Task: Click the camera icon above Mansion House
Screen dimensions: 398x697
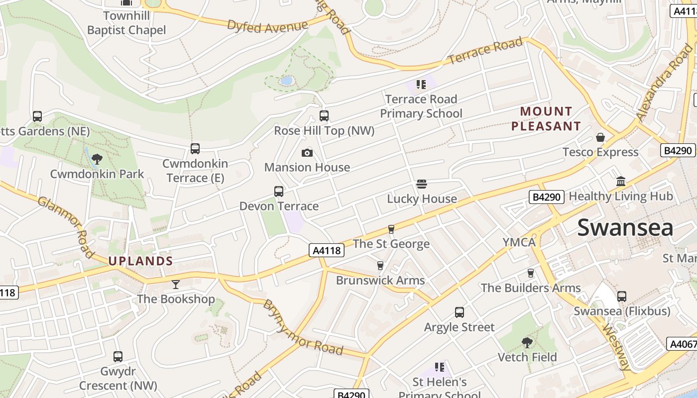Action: (x=307, y=153)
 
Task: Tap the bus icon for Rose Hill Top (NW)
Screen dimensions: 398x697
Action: (x=324, y=116)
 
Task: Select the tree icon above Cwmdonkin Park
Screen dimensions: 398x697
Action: (x=97, y=159)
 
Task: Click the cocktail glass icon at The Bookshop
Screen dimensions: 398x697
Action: (x=176, y=285)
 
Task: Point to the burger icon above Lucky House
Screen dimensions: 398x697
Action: (x=422, y=184)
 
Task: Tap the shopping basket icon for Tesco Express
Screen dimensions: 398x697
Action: (x=600, y=137)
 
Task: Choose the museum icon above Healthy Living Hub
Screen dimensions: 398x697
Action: (x=621, y=182)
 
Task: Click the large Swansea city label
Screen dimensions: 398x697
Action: (x=625, y=228)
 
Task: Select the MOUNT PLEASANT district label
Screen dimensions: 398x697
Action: (x=546, y=118)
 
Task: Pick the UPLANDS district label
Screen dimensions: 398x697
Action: (x=141, y=261)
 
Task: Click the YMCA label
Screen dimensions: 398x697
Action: (x=519, y=242)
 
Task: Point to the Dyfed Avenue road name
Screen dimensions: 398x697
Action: (x=267, y=26)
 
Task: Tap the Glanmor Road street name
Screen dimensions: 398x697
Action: (x=66, y=227)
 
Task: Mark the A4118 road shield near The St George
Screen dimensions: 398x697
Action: (x=327, y=250)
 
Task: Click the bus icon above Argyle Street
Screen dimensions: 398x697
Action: (x=460, y=312)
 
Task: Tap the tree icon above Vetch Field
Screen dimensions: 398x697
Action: (x=527, y=342)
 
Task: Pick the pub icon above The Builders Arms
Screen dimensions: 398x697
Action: (x=531, y=273)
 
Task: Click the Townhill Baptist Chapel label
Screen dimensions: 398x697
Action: (x=126, y=23)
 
